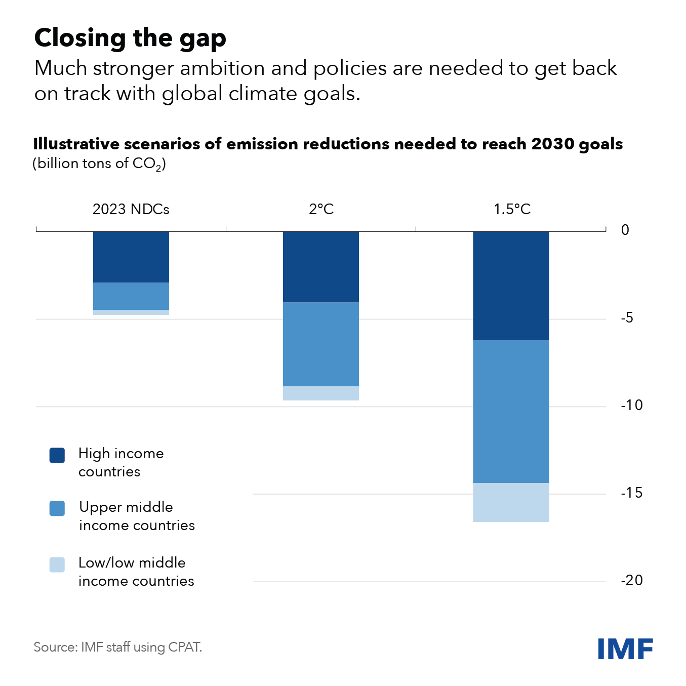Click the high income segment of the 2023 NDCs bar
[131, 257]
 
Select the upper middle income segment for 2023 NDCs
[131, 296]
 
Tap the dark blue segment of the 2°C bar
[320, 267]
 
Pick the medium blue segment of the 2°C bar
[320, 344]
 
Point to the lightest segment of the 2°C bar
[320, 393]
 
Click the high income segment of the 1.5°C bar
[511, 286]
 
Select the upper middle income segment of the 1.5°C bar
[511, 412]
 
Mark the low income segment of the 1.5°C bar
[511, 502]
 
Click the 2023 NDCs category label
[131, 209]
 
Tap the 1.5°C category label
[512, 209]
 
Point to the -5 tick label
[627, 317]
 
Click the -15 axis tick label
[631, 493]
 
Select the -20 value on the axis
[631, 580]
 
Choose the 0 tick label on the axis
[625, 230]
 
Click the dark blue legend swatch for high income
[57, 455]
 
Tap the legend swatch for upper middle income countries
[57, 508]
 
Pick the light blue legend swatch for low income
[57, 564]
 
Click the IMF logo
[625, 649]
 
